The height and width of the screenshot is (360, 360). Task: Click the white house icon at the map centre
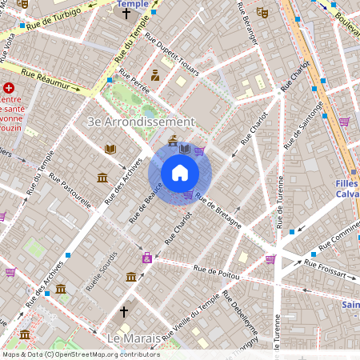tap(180, 172)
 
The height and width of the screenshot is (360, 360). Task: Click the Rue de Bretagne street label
tap(218, 210)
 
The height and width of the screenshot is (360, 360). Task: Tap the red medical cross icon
tap(9, 89)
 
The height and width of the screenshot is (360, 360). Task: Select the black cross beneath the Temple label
tap(126, 14)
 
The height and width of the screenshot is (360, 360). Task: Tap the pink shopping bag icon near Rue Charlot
tap(147, 258)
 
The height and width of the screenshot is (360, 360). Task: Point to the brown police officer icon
tap(155, 76)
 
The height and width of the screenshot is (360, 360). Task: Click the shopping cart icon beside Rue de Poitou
tap(270, 258)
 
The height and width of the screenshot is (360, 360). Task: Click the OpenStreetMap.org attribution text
tap(104, 354)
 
